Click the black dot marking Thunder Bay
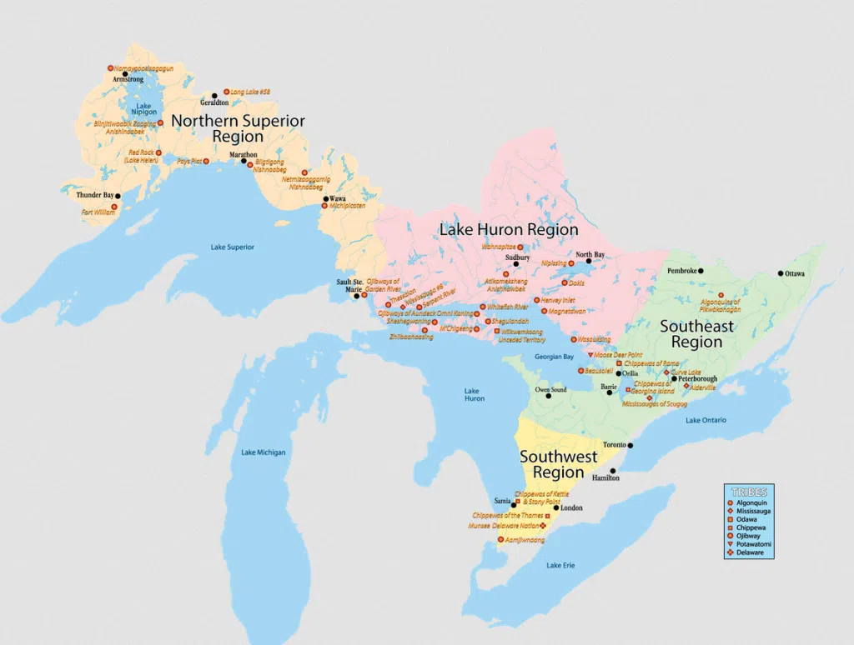(118, 196)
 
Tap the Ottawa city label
(796, 273)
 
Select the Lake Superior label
(232, 247)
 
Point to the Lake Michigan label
(263, 452)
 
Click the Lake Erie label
(560, 566)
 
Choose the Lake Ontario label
(706, 420)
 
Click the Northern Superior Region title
(238, 128)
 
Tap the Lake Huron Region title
(508, 229)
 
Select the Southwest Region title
(558, 464)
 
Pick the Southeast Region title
(696, 333)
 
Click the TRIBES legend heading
(748, 492)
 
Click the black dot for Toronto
(630, 446)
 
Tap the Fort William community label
(98, 212)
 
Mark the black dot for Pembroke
(701, 271)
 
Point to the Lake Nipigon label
(143, 109)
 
